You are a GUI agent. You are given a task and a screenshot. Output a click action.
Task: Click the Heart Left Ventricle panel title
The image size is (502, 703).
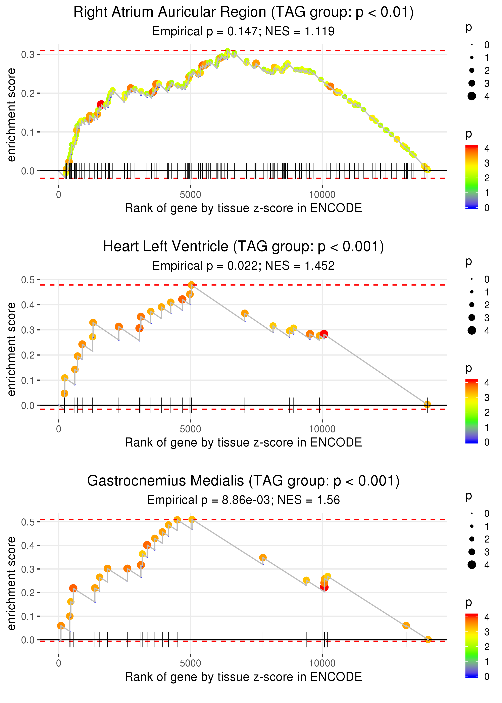(243, 247)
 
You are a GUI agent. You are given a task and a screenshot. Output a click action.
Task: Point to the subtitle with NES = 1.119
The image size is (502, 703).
(243, 31)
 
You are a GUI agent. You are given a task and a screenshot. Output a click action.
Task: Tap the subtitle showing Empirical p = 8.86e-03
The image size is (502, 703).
(243, 500)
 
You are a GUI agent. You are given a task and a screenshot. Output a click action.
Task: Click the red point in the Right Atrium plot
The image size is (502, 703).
(101, 104)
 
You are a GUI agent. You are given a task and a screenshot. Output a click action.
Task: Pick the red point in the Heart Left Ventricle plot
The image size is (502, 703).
(324, 334)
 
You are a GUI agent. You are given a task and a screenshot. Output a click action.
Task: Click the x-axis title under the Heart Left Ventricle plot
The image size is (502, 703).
(243, 442)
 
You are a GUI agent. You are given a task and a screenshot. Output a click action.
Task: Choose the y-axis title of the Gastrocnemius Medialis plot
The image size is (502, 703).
(11, 583)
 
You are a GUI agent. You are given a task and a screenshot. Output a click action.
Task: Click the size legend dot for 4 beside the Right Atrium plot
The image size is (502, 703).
(472, 96)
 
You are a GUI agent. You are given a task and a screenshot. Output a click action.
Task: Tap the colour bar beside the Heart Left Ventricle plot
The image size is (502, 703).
(472, 411)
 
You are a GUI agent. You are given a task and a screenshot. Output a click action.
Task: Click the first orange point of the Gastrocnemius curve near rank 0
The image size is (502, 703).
(61, 626)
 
